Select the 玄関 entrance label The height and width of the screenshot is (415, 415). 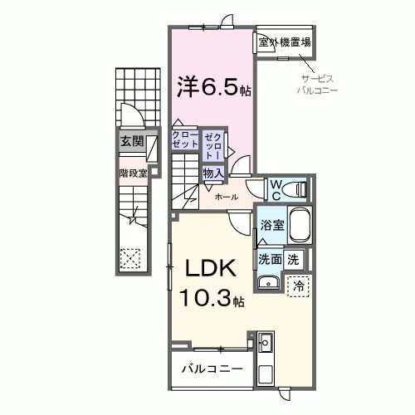(x=131, y=141)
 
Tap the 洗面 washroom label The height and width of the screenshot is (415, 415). (x=271, y=258)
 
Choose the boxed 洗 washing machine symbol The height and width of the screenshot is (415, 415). (x=293, y=258)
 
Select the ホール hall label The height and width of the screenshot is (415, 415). (x=227, y=198)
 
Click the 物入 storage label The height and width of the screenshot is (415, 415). (x=213, y=173)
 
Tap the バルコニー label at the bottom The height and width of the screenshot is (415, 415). (x=212, y=367)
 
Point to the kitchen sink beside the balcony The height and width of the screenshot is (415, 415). (x=266, y=344)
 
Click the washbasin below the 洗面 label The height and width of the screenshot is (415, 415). (x=267, y=285)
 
